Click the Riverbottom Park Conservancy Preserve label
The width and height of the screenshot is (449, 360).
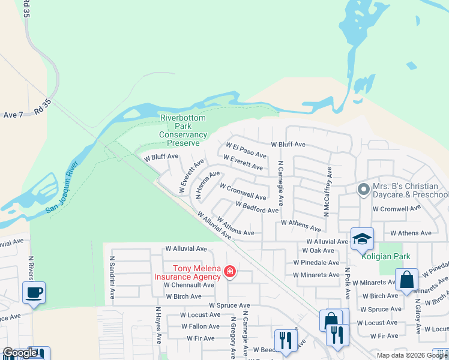(x=183, y=130)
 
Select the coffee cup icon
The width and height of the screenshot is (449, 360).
(x=34, y=293)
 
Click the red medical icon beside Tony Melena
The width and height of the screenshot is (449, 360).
(x=229, y=273)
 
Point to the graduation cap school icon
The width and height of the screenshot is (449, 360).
(x=362, y=238)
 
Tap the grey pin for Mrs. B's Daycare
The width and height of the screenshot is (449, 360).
(x=363, y=190)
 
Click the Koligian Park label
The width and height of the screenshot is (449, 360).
(x=386, y=256)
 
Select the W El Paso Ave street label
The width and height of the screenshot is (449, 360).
(x=246, y=150)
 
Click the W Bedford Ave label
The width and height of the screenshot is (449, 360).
(x=257, y=207)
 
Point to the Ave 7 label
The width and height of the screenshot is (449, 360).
(x=13, y=115)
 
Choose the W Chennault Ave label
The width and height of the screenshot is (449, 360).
(x=189, y=285)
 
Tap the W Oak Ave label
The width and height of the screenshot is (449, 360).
(x=318, y=250)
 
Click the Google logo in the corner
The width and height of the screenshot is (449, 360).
(x=20, y=353)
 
